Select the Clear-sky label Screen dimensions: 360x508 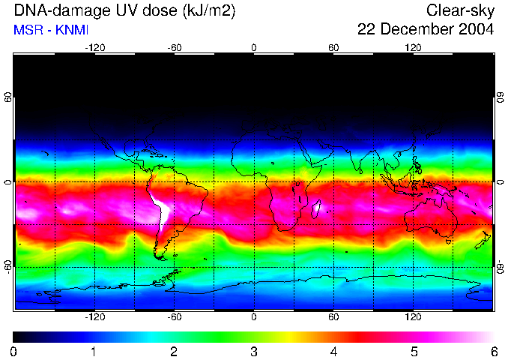(460, 10)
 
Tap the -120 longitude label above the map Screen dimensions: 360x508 (95, 47)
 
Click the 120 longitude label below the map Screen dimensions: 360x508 (413, 316)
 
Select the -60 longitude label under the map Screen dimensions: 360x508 (175, 316)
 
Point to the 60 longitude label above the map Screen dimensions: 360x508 (333, 47)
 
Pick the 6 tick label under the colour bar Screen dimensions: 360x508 (494, 351)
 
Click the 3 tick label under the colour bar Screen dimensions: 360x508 (254, 351)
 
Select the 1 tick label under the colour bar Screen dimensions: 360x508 (94, 351)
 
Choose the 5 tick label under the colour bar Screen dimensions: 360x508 (414, 351)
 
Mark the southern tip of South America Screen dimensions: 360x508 (160, 257)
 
